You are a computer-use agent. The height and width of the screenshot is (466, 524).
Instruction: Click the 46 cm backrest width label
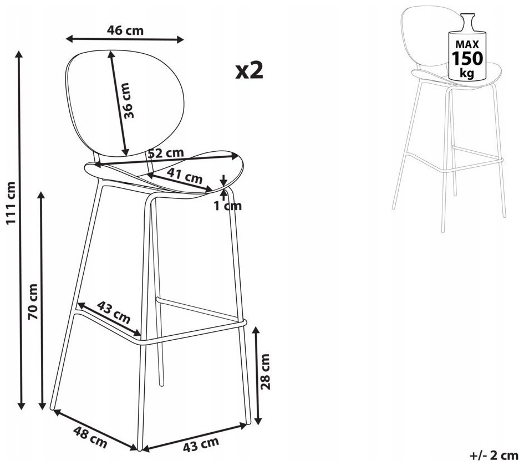click(x=125, y=30)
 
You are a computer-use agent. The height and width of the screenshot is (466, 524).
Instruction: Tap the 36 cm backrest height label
click(x=128, y=101)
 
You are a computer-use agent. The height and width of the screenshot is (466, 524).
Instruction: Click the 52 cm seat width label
click(x=166, y=153)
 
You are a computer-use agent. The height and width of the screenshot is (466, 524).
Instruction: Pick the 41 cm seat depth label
click(x=185, y=176)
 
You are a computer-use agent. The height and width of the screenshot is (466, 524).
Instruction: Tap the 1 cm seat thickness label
click(x=227, y=206)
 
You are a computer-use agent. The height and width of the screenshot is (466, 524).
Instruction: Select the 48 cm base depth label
click(x=90, y=437)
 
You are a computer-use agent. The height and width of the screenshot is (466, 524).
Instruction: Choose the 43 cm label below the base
click(x=201, y=444)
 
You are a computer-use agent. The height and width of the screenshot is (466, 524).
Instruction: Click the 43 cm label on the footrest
click(x=114, y=313)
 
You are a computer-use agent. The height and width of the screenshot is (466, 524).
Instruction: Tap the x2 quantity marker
click(x=250, y=70)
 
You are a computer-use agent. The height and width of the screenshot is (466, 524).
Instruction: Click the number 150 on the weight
click(x=467, y=58)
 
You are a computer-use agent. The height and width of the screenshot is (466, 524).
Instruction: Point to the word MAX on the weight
click(x=467, y=44)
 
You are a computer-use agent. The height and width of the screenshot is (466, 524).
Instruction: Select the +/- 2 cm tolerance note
click(x=494, y=455)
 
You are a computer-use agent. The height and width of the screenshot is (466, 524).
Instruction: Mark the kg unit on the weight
click(x=467, y=73)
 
